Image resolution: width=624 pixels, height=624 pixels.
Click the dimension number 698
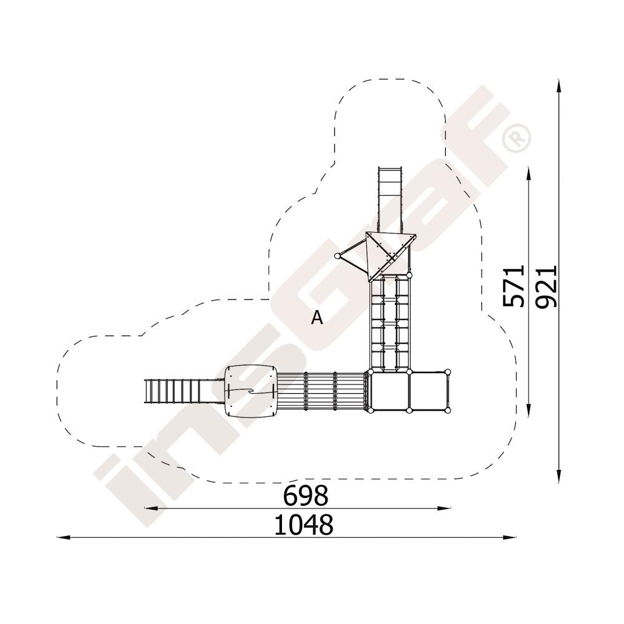click(x=305, y=495)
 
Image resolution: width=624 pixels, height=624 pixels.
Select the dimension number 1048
click(x=304, y=525)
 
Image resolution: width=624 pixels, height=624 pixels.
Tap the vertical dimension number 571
click(x=514, y=286)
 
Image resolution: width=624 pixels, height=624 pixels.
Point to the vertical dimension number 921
click(x=545, y=286)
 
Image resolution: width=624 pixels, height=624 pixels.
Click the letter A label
click(x=317, y=318)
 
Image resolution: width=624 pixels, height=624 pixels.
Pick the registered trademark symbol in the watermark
click(x=516, y=138)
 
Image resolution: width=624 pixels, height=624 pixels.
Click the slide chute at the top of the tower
click(x=391, y=200)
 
